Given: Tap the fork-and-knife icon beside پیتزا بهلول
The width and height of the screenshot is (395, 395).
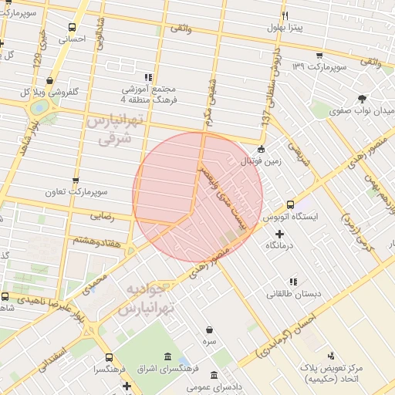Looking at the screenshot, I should pos(285,15).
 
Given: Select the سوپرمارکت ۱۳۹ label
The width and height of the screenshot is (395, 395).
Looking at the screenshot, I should pos(319,67).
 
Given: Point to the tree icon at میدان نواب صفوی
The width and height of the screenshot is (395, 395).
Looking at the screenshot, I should pos(363,98).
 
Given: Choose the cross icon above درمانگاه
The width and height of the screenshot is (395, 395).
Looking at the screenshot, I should pos(279,233).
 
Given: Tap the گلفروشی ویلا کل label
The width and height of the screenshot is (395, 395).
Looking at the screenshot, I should pos(50,92).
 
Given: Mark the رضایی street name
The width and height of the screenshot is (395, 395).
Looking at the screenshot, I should pos(100,217).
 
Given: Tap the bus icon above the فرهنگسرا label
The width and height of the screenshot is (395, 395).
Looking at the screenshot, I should pos(108,358).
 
